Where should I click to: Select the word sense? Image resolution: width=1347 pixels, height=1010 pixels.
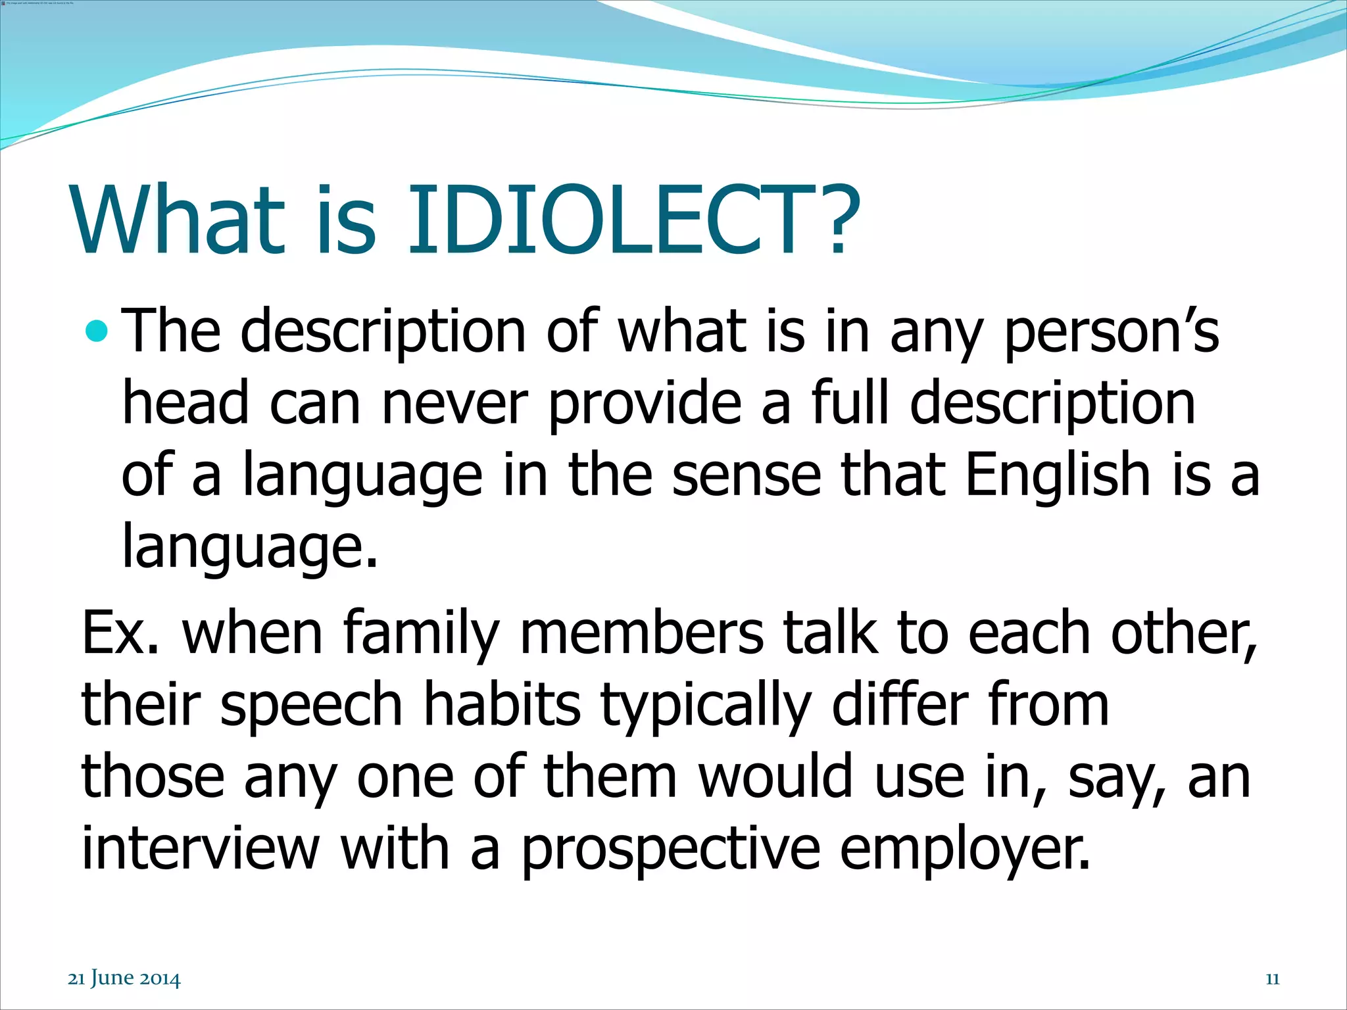[747, 476]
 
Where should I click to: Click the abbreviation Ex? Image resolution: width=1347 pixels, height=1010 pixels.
[119, 633]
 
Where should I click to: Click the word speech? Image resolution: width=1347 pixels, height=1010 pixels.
[310, 706]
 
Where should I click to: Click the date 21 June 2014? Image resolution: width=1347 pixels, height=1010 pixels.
[124, 979]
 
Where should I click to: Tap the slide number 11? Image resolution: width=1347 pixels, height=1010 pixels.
[1272, 979]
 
